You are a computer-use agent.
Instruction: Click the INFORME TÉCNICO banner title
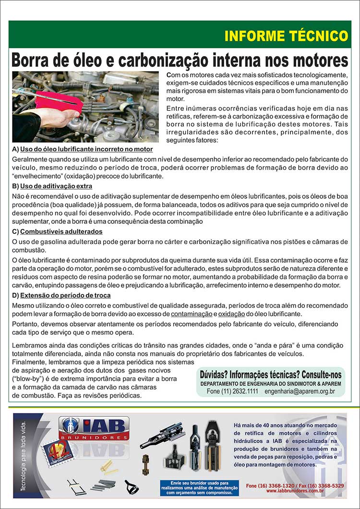pyautogui.click(x=286, y=36)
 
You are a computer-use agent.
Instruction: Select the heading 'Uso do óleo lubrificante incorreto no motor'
pyautogui.click(x=86, y=149)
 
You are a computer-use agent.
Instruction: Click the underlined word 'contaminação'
pyautogui.click(x=192, y=314)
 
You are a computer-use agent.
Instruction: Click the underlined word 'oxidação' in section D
pyautogui.click(x=232, y=314)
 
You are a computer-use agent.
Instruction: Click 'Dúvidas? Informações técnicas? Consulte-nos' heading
pyautogui.click(x=270, y=374)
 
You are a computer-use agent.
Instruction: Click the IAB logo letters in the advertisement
pyautogui.click(x=103, y=426)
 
